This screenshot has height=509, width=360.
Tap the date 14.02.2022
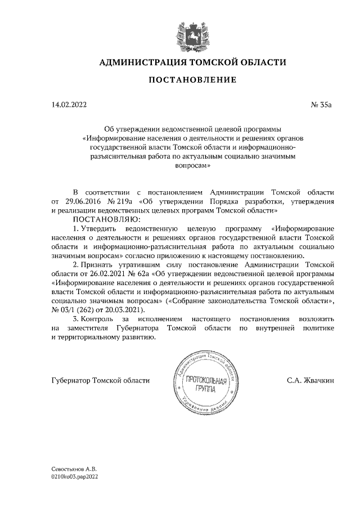pyautogui.click(x=69, y=105)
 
